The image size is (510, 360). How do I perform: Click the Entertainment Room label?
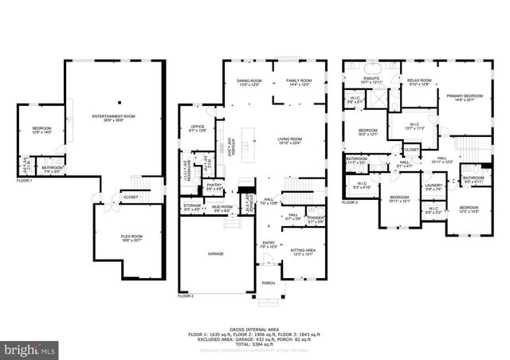coord(113,116)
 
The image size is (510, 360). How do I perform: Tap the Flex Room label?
coord(131,237)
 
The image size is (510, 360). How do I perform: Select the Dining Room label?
coord(249,80)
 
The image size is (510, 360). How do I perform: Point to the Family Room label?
coord(300,80)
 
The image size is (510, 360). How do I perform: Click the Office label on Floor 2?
coord(198,127)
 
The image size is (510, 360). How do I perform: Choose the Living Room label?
coord(289,139)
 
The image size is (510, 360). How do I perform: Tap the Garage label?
coord(215,254)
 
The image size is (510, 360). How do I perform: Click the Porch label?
coord(268,281)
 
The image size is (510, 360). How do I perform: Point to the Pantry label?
coord(214,186)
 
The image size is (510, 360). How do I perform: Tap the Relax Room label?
coord(418,80)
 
